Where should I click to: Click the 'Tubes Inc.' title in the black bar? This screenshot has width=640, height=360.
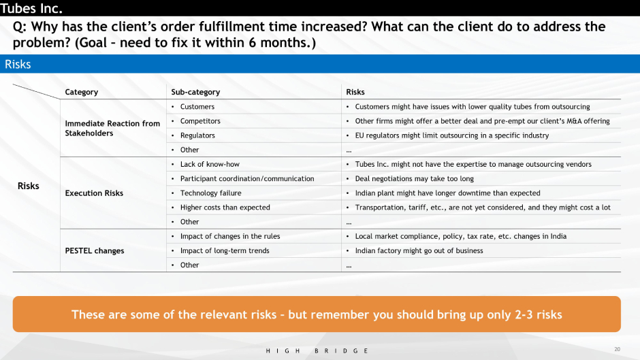(x=31, y=8)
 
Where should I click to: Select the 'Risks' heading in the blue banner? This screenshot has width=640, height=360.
(x=18, y=64)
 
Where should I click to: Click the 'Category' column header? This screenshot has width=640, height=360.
(x=81, y=92)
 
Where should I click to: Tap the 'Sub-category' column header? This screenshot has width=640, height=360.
(x=195, y=92)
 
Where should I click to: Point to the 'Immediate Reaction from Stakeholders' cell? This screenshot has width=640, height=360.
(x=112, y=128)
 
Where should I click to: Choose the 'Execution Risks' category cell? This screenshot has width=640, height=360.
(x=94, y=193)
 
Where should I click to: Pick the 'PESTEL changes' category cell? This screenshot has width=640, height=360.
(x=94, y=250)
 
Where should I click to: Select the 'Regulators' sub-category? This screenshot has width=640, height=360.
(x=197, y=135)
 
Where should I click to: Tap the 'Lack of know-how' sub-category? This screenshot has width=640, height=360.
(x=210, y=164)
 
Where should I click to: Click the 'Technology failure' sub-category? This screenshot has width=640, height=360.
(x=210, y=193)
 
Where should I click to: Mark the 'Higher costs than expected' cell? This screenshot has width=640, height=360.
(x=225, y=208)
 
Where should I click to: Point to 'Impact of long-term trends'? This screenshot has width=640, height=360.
(x=225, y=250)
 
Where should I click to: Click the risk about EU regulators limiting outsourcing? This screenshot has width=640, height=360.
(x=452, y=135)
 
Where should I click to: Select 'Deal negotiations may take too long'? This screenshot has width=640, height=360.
(x=414, y=179)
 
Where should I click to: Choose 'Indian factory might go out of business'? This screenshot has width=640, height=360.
(x=419, y=250)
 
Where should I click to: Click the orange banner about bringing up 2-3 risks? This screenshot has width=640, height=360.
(x=317, y=314)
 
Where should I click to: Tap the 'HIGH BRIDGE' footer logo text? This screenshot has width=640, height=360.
(x=317, y=350)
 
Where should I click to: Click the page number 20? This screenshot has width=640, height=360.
(x=617, y=349)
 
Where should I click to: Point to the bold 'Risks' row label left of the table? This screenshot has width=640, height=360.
(x=28, y=186)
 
